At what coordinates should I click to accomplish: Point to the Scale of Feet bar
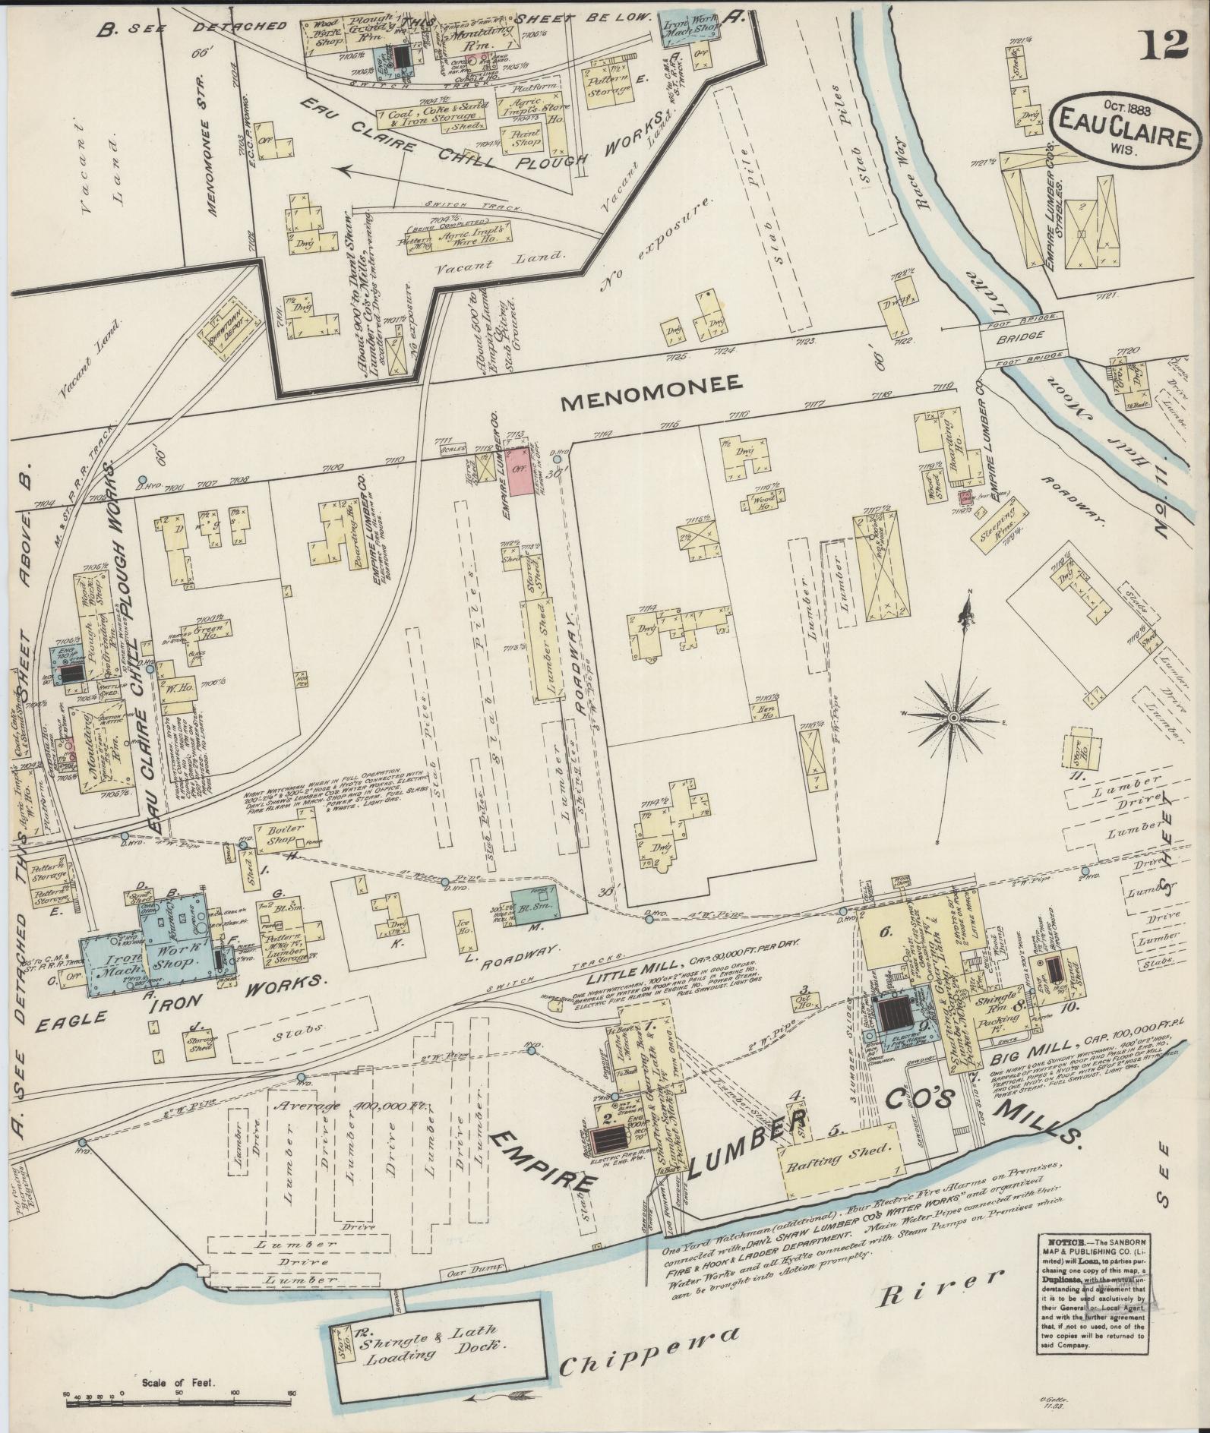(178, 1394)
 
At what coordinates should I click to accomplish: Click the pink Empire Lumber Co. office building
(520, 472)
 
